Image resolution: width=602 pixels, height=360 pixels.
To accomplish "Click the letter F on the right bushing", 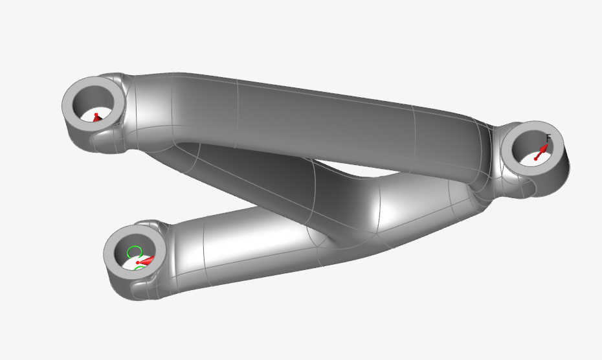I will point(548,138).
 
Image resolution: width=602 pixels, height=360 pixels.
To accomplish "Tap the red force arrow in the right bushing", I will point(541,152).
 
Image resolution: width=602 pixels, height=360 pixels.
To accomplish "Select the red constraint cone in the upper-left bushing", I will point(96,118).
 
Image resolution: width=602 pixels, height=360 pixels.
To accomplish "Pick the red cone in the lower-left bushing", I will point(146,261).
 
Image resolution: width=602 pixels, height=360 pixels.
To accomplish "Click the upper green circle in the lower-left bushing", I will point(134,251).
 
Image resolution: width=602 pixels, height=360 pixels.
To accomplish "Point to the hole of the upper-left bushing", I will point(94,107).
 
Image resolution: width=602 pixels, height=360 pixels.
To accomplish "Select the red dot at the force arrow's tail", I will point(535,159).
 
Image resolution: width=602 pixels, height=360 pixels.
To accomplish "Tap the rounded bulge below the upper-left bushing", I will point(107,140).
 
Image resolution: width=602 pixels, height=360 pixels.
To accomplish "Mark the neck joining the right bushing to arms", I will point(485,168).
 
